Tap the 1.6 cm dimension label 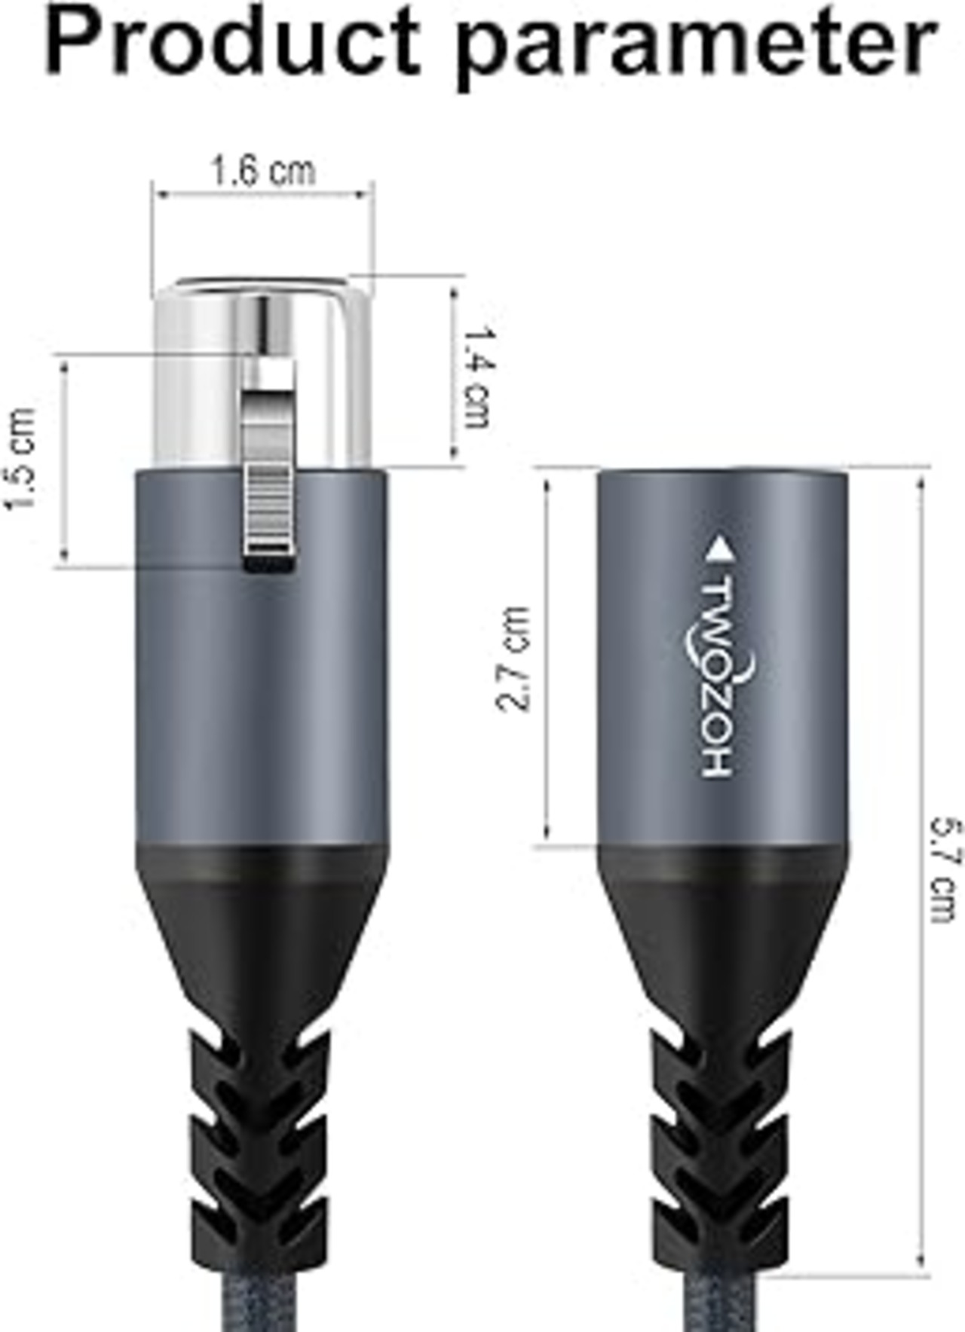pos(263,171)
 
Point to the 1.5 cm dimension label pos(21,459)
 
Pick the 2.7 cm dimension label pos(513,658)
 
